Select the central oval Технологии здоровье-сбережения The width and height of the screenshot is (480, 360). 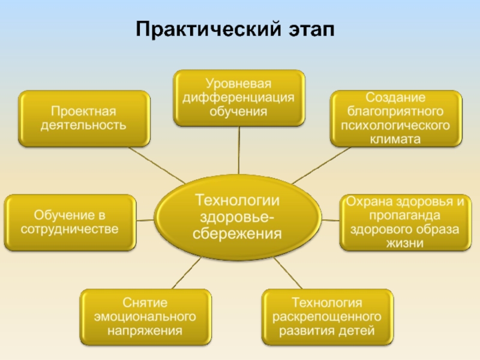(237, 217)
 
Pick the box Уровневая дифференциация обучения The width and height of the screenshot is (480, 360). (239, 97)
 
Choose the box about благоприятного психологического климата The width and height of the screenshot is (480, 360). (395, 118)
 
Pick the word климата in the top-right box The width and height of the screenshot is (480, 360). (395, 139)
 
